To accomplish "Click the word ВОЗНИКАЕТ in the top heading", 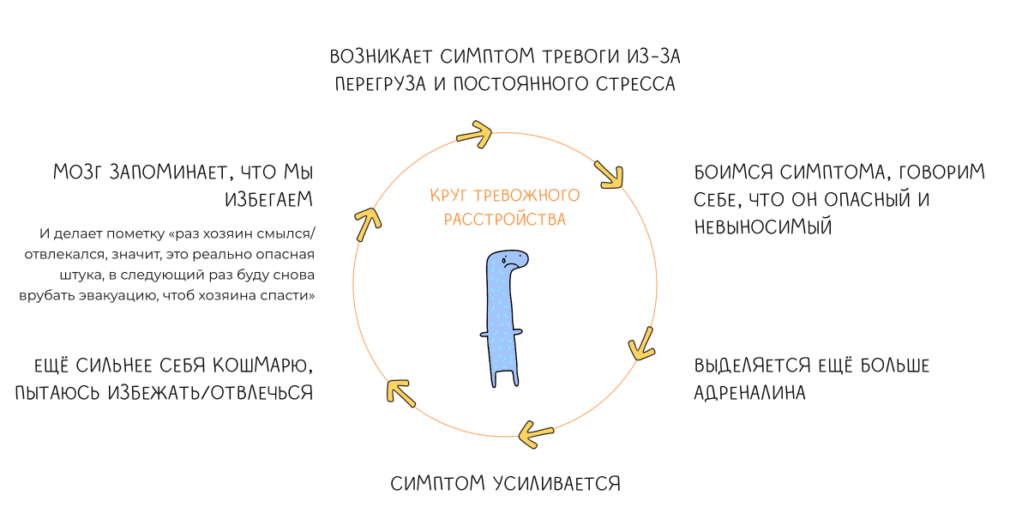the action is coord(379,57).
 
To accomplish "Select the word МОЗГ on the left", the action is coord(79,172).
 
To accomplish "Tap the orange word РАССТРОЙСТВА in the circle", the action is coord(505,220).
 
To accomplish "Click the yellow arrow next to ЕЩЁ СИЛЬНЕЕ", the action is coord(401,390).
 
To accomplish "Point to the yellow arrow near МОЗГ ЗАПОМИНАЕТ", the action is coord(367,221).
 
